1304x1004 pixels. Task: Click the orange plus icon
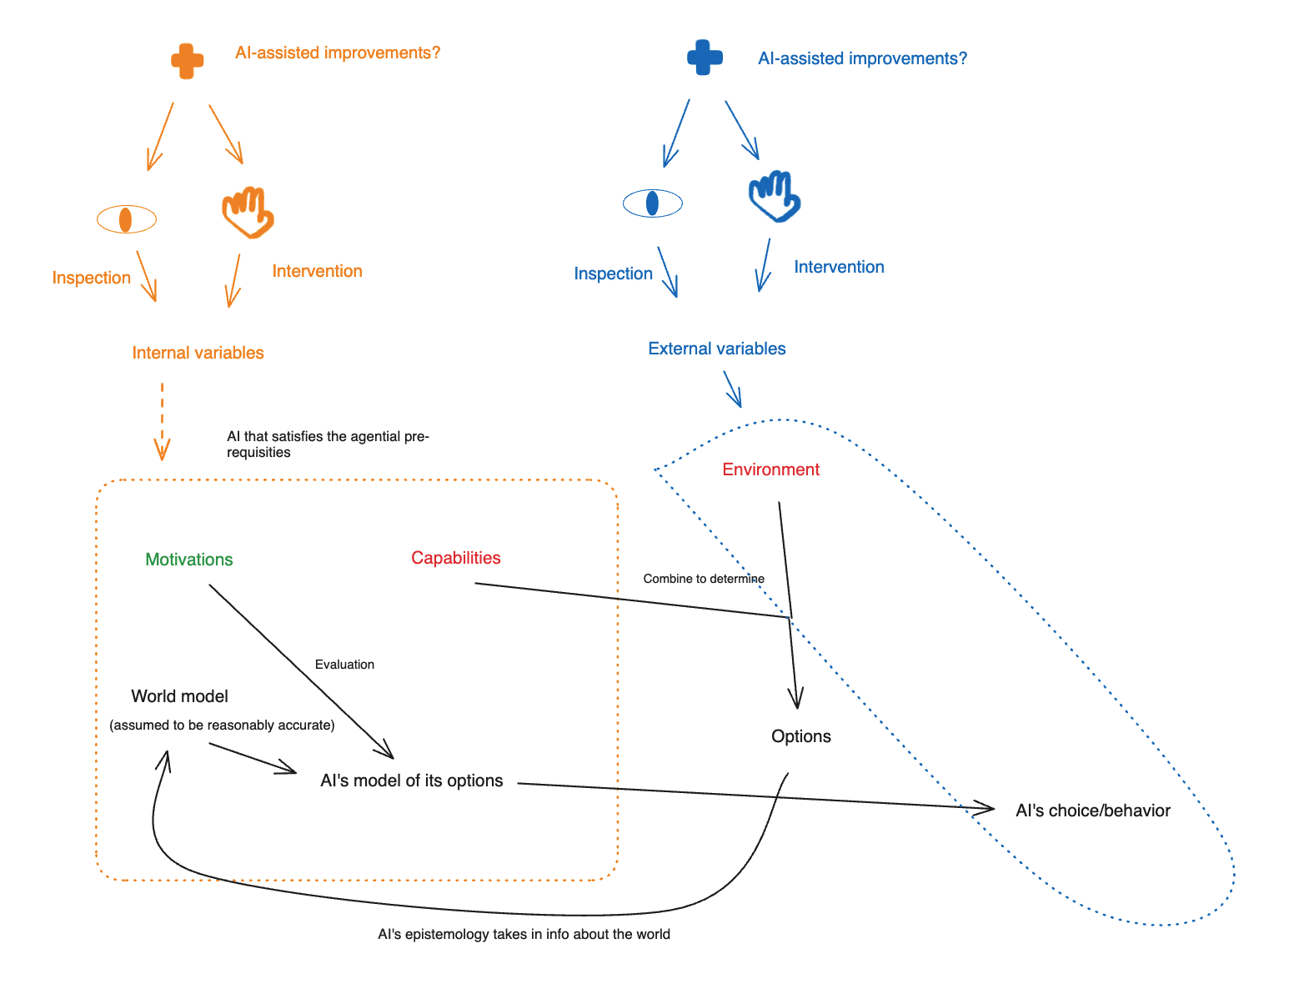point(187,60)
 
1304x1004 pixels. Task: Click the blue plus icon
point(705,58)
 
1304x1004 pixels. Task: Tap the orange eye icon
point(126,219)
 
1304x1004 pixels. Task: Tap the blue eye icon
point(653,203)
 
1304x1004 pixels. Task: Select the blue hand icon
point(775,197)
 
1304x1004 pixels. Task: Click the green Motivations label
point(189,560)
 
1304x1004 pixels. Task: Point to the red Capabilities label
point(456,558)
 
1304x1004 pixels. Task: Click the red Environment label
point(770,469)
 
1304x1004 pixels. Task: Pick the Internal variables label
point(198,353)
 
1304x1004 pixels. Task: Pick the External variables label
point(717,349)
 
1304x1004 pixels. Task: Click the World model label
point(179,696)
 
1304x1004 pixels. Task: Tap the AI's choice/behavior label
point(1093,811)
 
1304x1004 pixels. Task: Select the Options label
point(801,736)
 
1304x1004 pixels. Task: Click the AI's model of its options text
point(412,781)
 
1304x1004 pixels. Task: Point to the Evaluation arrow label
point(344,665)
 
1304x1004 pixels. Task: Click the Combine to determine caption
point(704,579)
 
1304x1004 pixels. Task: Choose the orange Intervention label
point(317,271)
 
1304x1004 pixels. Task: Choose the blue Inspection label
point(613,274)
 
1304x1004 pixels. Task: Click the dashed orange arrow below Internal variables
point(162,421)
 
